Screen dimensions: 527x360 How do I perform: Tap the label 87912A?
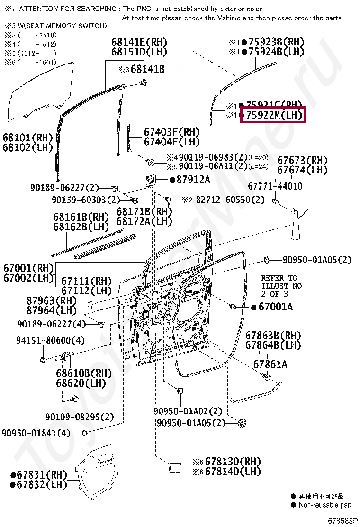click(193, 180)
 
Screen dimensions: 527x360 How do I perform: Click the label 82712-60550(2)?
click(230, 200)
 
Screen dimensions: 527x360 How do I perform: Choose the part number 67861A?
click(270, 364)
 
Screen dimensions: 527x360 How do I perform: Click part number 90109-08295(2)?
click(80, 417)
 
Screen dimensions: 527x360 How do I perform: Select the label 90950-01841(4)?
click(36, 433)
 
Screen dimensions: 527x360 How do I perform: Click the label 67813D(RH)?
click(233, 462)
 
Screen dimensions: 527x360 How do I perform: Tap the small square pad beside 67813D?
click(174, 468)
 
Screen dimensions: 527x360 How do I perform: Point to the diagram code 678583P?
click(342, 521)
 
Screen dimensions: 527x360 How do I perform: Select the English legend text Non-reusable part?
click(325, 505)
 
